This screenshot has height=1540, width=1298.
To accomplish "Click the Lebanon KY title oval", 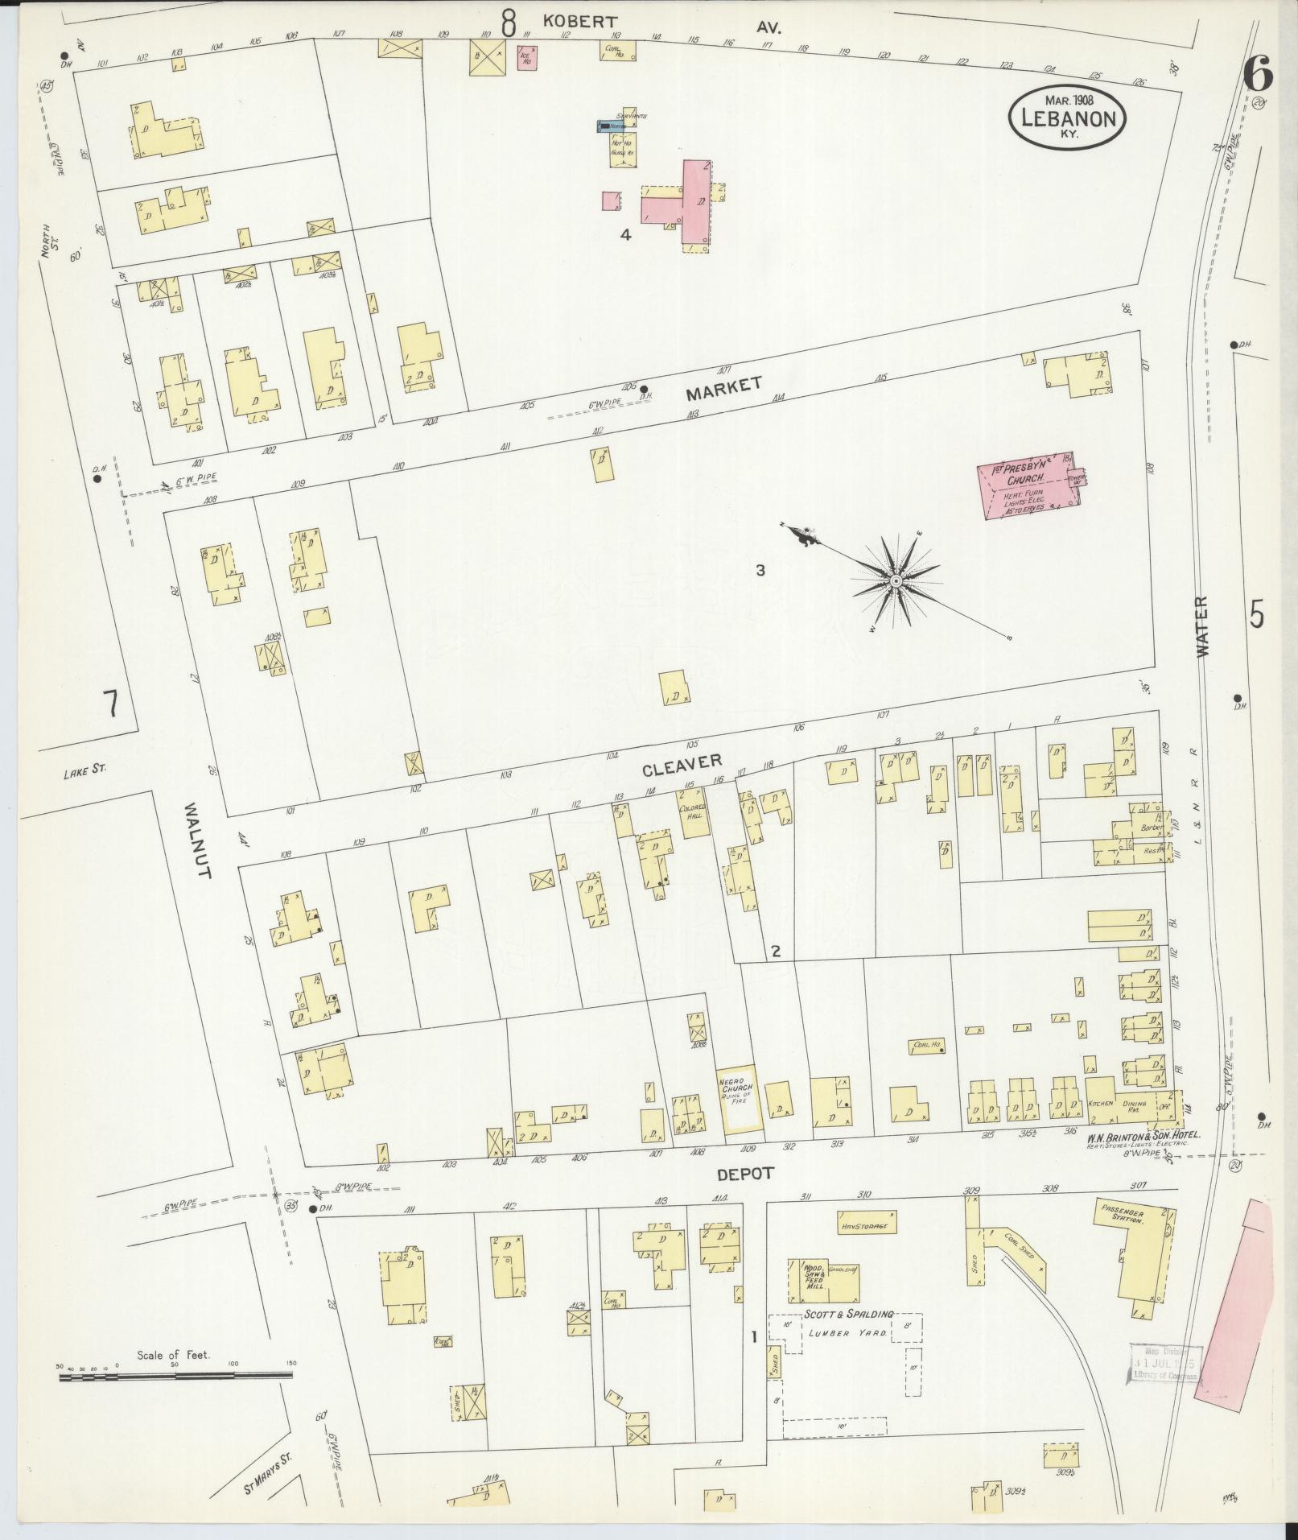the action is click(x=1067, y=117).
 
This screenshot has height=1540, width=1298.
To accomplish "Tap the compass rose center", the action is click(x=896, y=580).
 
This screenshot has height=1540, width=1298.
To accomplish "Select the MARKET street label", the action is click(x=723, y=388).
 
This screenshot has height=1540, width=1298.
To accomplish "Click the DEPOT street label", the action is click(x=745, y=1174).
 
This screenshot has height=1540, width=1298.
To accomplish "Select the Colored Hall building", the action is click(x=694, y=813).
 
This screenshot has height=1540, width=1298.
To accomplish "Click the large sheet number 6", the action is click(x=1257, y=76).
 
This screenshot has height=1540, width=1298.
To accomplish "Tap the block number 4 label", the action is click(x=624, y=235).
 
